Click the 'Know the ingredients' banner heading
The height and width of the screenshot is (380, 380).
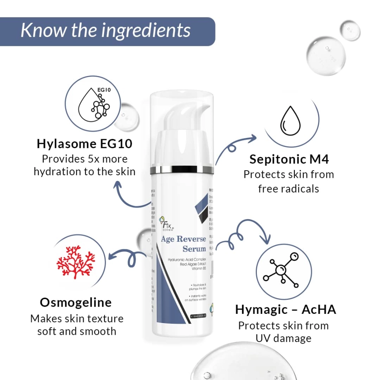pyautogui.click(x=106, y=31)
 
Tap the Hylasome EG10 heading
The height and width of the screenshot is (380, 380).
pyautogui.click(x=84, y=144)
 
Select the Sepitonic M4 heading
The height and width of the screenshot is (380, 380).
pyautogui.click(x=289, y=159)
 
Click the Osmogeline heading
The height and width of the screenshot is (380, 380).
pyautogui.click(x=76, y=302)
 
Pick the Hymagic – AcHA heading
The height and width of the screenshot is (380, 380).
pyautogui.click(x=286, y=309)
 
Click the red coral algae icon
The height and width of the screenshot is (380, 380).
pyautogui.click(x=75, y=262)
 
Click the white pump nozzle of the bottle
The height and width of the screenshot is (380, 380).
pyautogui.click(x=190, y=114)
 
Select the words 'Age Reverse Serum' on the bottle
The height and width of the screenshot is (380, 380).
pyautogui.click(x=184, y=244)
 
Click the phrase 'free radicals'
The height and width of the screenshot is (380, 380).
pyautogui.click(x=288, y=189)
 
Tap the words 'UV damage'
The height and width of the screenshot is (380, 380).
pyautogui.click(x=283, y=338)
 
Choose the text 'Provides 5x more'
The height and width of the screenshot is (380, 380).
pyautogui.click(x=84, y=159)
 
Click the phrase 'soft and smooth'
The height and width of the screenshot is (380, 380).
pyautogui.click(x=76, y=331)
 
